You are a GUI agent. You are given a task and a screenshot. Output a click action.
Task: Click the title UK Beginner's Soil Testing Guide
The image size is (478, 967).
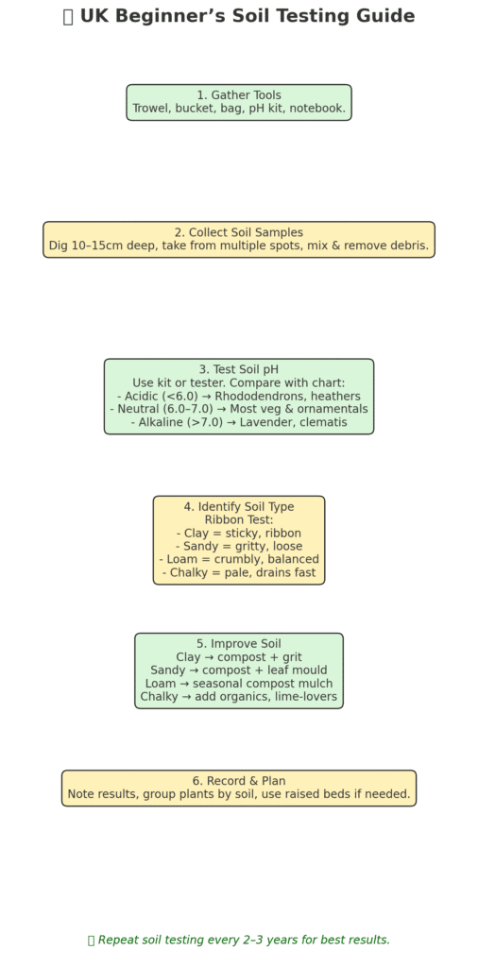pos(247,16)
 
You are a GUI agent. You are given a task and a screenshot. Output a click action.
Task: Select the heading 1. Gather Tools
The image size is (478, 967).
pos(239,95)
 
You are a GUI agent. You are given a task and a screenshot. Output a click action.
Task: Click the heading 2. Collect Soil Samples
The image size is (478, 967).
pos(239,232)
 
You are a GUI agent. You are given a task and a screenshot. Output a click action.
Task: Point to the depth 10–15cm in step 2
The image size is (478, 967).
pos(96,246)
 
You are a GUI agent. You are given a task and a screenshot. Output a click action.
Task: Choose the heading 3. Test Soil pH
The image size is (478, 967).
pos(239,369)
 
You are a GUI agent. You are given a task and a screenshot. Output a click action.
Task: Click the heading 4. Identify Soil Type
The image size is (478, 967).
pos(239,507)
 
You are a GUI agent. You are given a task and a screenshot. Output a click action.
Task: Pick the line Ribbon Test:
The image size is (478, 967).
pos(239,520)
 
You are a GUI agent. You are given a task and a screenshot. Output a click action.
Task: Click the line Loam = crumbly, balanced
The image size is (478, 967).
pos(239,559)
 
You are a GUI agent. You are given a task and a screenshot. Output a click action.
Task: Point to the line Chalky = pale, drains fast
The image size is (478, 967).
pos(239,572)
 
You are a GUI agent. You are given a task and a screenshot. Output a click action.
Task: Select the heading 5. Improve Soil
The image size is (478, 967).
pos(239,644)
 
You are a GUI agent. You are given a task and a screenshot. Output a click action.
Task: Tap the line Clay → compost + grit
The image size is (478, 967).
pos(239,657)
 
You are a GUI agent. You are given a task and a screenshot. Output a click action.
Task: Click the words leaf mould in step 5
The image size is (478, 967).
pos(298,670)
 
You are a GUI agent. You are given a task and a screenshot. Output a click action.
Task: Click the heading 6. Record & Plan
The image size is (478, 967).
pos(239,781)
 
